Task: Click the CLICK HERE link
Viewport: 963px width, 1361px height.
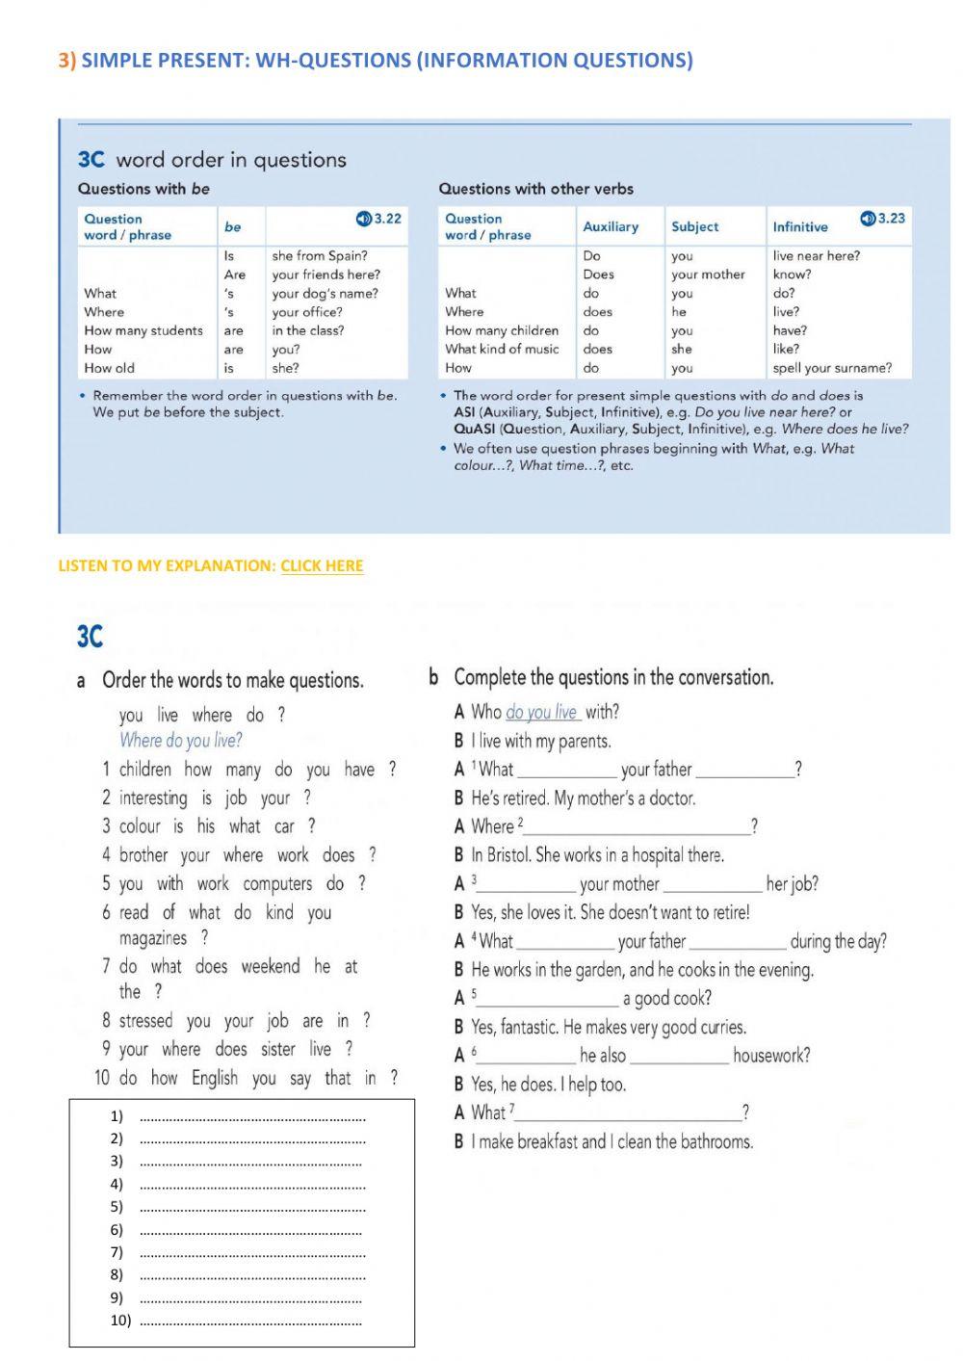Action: [x=322, y=565]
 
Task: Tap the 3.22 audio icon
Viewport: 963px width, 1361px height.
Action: [x=363, y=219]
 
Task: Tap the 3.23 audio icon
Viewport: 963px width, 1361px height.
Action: [x=868, y=219]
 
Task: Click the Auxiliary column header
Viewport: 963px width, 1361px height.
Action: [x=611, y=226]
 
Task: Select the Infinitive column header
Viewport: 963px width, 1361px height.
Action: [x=799, y=227]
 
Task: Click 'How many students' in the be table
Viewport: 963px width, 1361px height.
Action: [x=143, y=330]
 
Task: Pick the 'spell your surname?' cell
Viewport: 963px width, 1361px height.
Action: [x=832, y=368]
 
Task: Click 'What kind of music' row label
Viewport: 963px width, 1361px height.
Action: [x=502, y=349]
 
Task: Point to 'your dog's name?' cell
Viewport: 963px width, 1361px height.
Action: [x=325, y=293]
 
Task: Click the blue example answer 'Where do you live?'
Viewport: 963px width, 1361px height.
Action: [x=180, y=741]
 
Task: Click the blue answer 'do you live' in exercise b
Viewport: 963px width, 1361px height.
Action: [x=541, y=713]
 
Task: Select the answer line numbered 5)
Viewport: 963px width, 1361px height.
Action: [x=252, y=1207]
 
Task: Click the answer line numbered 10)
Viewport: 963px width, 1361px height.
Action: [x=252, y=1322]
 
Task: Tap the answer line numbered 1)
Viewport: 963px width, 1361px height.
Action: [x=252, y=1117]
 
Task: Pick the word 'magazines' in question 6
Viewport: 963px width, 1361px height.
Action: [x=152, y=938]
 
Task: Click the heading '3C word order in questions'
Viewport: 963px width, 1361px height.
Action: [x=212, y=160]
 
